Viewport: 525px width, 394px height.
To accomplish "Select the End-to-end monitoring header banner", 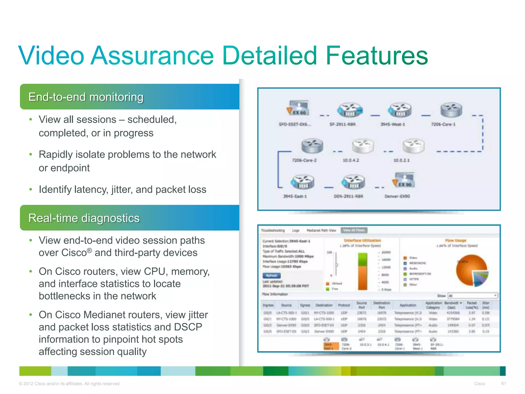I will point(129,97).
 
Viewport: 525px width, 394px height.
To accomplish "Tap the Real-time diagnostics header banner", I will point(129,218).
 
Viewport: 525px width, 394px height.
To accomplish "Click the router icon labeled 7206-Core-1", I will point(451,110).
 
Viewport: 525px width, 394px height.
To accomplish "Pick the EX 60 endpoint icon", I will point(298,108).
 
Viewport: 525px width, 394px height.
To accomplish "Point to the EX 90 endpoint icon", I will point(404,180).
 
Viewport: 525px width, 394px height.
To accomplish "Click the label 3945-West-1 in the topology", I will point(392,124).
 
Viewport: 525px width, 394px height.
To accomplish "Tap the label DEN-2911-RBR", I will point(348,196).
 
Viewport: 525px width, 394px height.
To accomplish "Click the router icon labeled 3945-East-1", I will point(302,182).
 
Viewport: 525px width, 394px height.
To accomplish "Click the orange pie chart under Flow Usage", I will point(471,270).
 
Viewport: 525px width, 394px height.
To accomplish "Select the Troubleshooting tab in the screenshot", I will point(273,230).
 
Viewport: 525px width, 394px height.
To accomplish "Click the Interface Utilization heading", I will point(362,240).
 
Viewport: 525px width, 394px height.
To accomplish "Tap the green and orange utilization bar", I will point(362,271).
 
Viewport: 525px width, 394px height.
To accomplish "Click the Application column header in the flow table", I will point(408,305).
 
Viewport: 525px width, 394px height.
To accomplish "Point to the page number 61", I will point(503,383).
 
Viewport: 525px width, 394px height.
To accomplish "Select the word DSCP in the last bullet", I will point(188,327).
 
